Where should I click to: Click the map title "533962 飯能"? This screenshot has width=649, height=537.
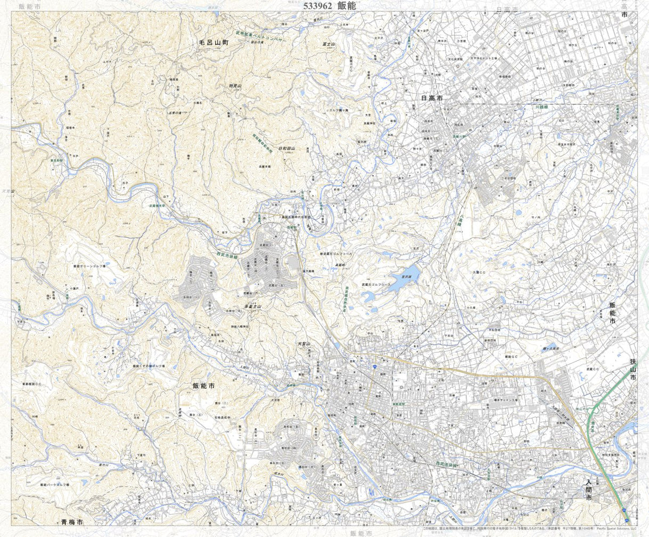coord(330,6)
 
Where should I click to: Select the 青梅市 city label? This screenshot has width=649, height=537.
coord(71,522)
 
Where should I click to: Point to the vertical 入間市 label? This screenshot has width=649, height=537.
coord(589,489)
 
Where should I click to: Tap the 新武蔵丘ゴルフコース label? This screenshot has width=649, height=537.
coord(339,253)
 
